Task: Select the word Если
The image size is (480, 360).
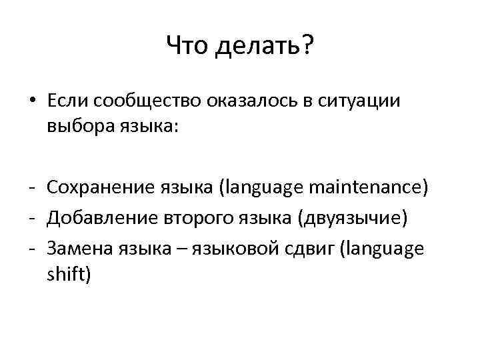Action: (69, 101)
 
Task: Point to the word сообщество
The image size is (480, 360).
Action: (138, 102)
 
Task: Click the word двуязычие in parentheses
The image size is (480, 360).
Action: (353, 218)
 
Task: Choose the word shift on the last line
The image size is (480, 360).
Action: (65, 273)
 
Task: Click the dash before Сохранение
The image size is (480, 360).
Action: (31, 189)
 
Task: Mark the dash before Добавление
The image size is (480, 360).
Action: (31, 219)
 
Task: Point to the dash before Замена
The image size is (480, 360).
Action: (31, 249)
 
